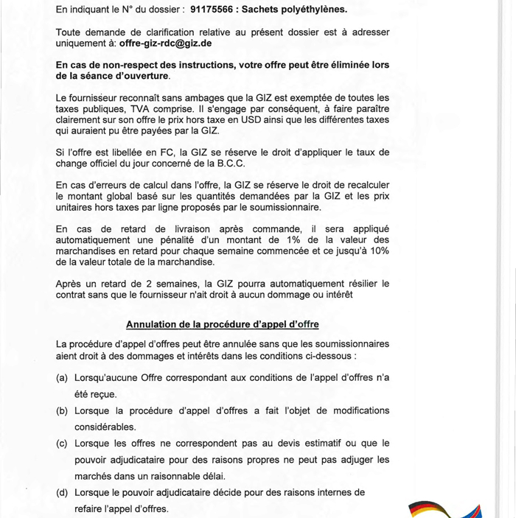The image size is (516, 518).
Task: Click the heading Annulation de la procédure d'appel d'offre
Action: (x=223, y=323)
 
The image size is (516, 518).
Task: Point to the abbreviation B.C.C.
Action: (x=227, y=162)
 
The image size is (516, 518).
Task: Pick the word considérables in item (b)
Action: (x=104, y=427)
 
